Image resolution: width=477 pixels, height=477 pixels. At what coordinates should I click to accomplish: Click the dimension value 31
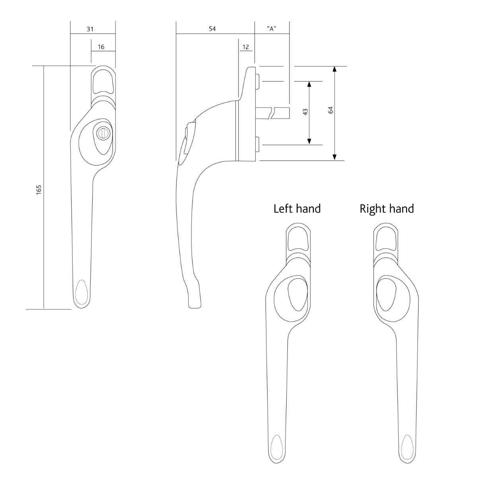(90, 29)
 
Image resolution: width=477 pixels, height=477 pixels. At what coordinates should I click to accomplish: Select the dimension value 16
(101, 47)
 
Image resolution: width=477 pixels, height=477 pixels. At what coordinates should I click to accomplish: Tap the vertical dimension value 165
(39, 190)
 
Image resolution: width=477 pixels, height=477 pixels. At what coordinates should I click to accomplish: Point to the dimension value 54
(212, 29)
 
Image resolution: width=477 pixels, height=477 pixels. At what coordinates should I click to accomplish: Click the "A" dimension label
(271, 29)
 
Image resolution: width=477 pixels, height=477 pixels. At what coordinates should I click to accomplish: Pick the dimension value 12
(245, 47)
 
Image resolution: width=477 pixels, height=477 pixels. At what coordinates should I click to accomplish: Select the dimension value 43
(305, 112)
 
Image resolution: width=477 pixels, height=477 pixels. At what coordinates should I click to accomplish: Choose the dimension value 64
(330, 110)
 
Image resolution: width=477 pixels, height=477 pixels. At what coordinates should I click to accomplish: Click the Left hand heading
(297, 208)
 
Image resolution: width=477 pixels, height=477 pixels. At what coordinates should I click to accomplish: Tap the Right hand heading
(386, 208)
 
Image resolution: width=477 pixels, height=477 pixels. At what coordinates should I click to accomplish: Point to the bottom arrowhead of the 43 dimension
(310, 142)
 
